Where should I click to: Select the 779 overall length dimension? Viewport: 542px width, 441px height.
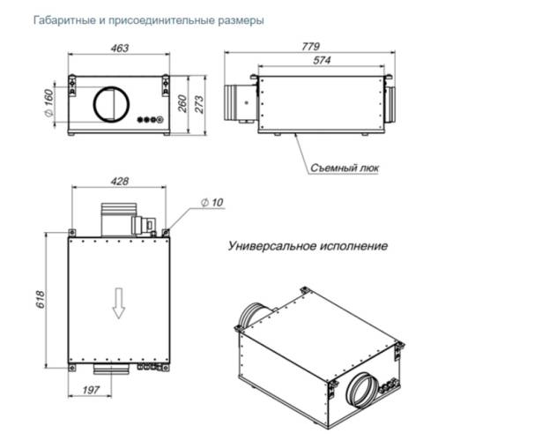coord(309,46)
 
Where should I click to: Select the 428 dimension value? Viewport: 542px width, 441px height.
coord(120,182)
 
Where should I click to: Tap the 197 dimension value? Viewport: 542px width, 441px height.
coord(91,388)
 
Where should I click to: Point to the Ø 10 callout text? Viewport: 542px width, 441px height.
coord(212,202)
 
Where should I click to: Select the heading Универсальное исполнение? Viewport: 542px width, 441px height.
coord(308,246)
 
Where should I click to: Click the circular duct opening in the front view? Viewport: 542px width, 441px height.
coord(112,104)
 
